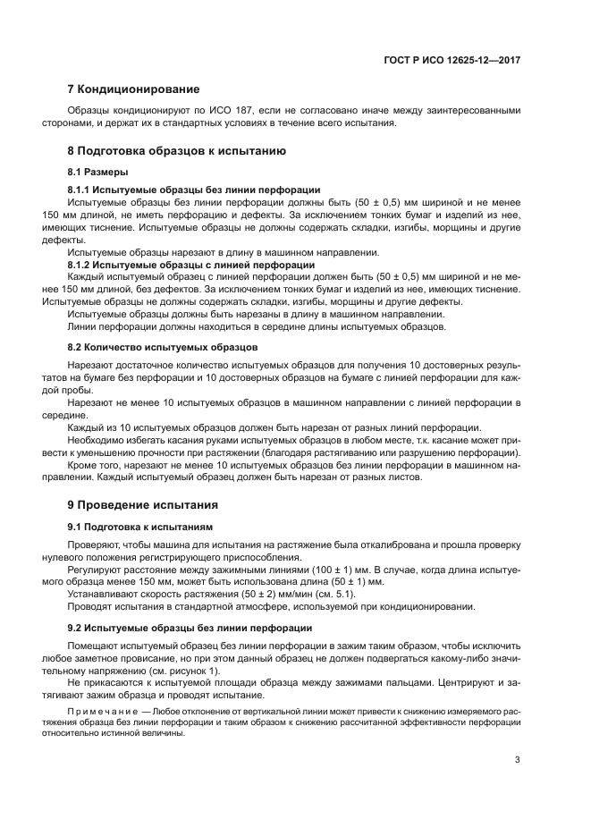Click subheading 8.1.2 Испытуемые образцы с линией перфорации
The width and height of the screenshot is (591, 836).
(190, 265)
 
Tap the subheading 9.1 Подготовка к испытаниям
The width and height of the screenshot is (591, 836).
(139, 526)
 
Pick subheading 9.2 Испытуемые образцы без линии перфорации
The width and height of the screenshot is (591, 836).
(190, 629)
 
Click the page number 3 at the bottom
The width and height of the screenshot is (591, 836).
(518, 761)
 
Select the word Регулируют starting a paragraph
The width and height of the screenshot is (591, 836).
(95, 570)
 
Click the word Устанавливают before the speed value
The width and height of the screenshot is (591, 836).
(102, 593)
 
